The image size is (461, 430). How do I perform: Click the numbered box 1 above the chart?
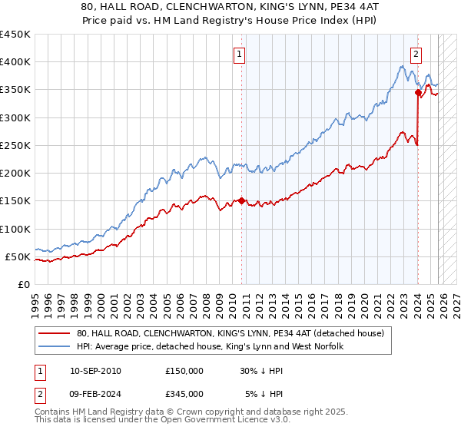click(240, 54)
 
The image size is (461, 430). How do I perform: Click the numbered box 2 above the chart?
click(416, 54)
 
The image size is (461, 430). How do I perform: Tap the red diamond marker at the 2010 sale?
click(241, 201)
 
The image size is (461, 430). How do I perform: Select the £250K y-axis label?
click(15, 145)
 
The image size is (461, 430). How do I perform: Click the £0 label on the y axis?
click(22, 284)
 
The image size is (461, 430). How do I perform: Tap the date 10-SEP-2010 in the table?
click(95, 371)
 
